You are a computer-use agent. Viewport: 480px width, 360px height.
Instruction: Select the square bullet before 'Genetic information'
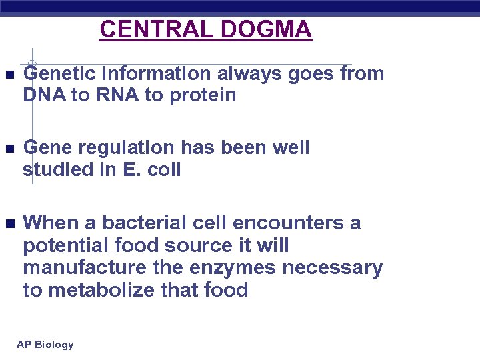click(x=7, y=74)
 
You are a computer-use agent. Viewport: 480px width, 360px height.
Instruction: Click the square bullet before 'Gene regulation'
click(x=7, y=148)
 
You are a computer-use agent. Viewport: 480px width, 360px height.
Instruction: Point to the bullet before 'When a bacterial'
click(x=7, y=223)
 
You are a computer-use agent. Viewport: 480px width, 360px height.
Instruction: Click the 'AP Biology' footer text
click(x=45, y=345)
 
